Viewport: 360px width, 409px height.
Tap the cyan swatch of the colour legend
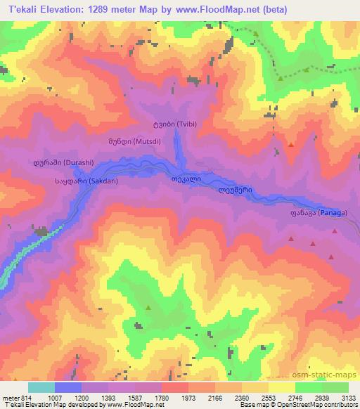[x=41, y=387]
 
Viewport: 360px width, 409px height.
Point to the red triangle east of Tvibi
[x=291, y=145]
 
